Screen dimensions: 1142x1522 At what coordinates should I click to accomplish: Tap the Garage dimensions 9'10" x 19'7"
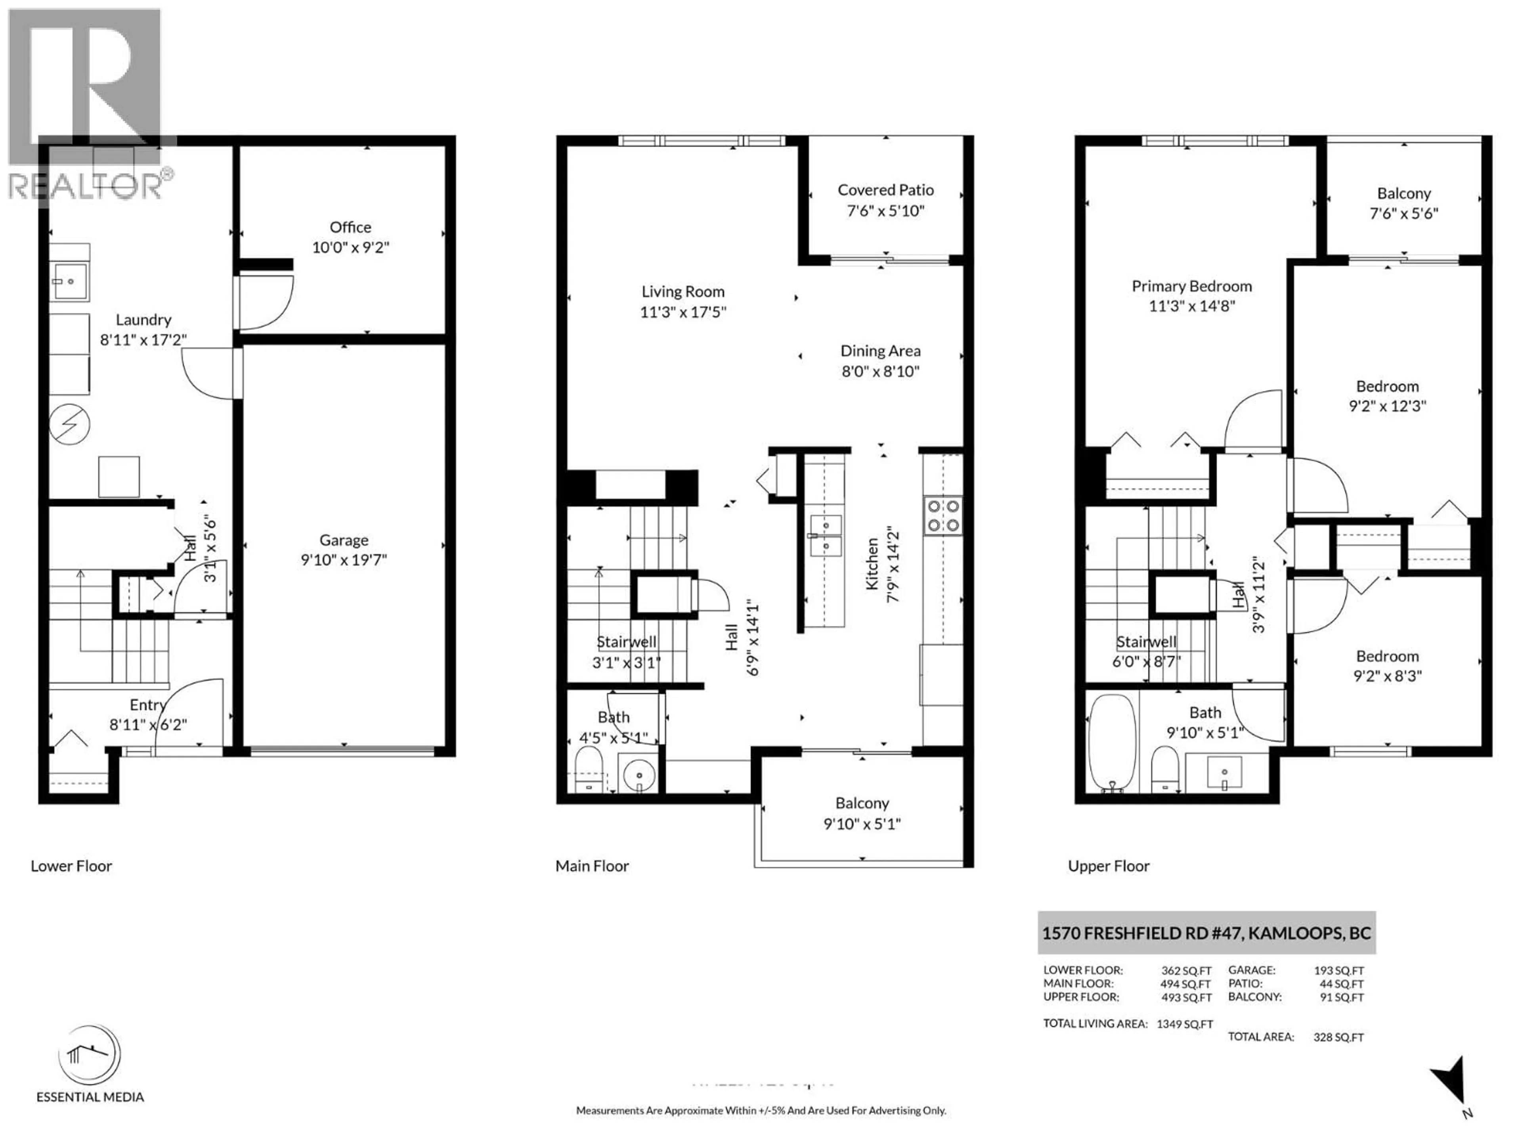[x=343, y=560]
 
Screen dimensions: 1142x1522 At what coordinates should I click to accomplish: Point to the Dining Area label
[x=880, y=351]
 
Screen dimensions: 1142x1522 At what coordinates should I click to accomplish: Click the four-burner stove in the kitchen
[x=943, y=515]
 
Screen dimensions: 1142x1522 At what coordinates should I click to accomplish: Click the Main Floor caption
[x=592, y=866]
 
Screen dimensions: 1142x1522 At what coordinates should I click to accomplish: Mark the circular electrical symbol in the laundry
[x=69, y=423]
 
